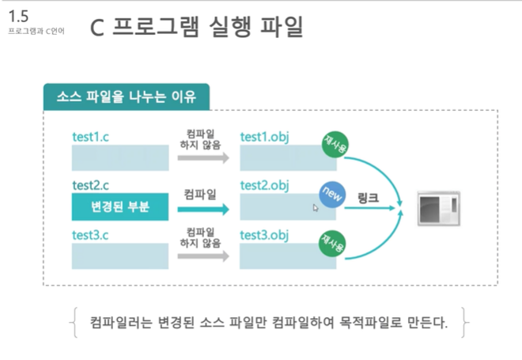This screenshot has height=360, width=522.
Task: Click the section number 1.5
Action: [17, 16]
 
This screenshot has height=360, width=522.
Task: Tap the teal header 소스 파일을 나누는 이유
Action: [127, 97]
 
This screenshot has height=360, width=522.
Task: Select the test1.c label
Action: [90, 136]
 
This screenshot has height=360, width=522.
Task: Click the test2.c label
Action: [90, 186]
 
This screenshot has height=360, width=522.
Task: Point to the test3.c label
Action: [90, 235]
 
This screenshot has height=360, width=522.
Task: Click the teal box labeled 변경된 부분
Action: [121, 208]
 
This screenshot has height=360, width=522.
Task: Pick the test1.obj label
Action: [264, 136]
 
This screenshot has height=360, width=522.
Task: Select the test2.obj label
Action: [264, 186]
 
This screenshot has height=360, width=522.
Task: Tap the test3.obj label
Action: [264, 235]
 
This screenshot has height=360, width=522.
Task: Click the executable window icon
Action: [439, 207]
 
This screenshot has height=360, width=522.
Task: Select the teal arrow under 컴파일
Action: [202, 210]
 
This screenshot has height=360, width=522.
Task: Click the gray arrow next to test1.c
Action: [202, 159]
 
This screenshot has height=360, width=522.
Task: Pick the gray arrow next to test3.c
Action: [202, 257]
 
